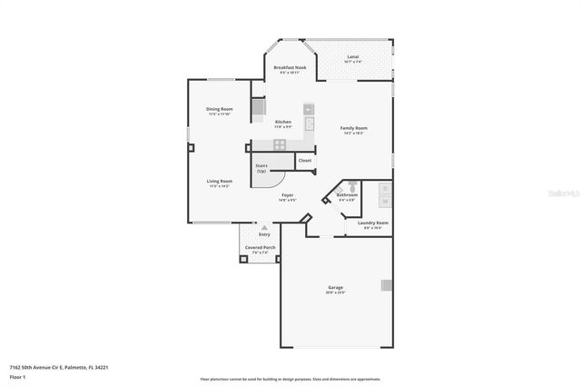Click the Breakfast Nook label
[290, 67]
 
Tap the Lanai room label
[352, 57]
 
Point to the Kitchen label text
[283, 122]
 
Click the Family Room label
[352, 128]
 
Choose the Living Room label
[220, 181]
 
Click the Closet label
[305, 161]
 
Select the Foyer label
[287, 194]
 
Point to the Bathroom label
[347, 194]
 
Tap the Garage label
[335, 289]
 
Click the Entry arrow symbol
[264, 227]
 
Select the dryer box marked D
[384, 188]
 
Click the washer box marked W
[384, 201]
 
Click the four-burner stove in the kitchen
[281, 144]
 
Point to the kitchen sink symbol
[310, 123]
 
